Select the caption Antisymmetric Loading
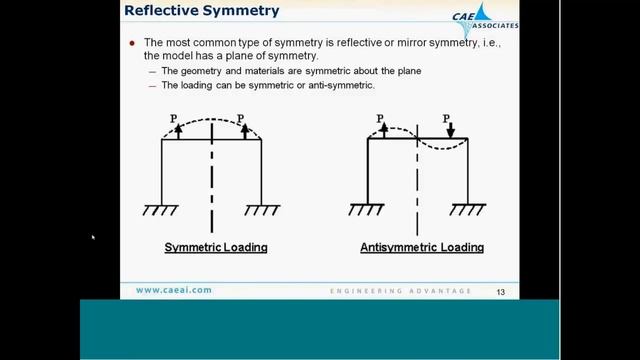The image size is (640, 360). coord(422,247)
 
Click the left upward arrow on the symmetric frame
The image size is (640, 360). coord(178,128)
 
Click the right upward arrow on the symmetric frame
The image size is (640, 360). coord(244,128)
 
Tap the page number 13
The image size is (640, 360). coord(502,292)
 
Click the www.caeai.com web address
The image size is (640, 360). coord(174,291)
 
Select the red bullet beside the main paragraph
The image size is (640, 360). coord(132,44)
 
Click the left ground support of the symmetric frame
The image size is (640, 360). coord(160,209)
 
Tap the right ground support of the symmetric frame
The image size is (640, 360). coord(262,209)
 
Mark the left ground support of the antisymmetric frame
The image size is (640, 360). coord(367,209)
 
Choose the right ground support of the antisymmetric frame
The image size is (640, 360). coord(468,209)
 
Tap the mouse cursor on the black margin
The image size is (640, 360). coord(92,237)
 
